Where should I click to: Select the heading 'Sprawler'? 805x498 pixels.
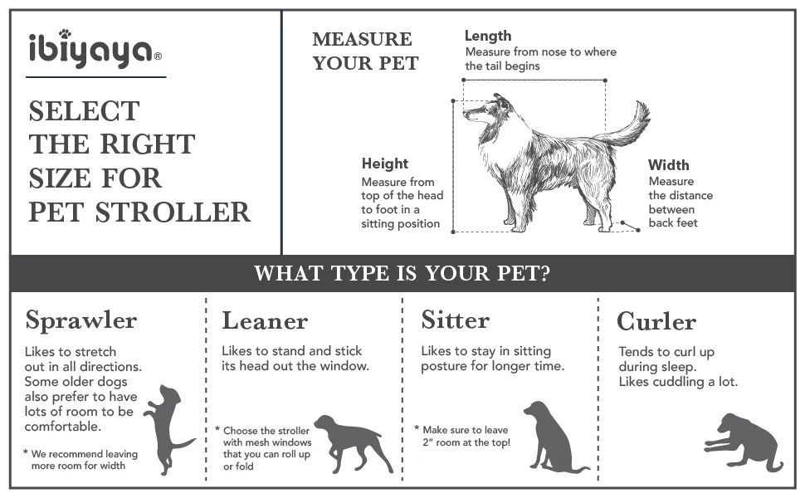tap(81, 320)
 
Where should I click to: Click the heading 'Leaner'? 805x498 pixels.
tap(265, 320)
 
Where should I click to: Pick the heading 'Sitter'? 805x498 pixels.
tap(456, 320)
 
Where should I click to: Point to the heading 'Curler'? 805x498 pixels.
tap(656, 321)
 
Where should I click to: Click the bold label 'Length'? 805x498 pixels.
tap(487, 36)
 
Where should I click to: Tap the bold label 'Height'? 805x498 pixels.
tap(385, 164)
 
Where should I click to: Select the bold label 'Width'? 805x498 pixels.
tap(668, 165)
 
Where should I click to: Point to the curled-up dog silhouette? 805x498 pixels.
tap(744, 441)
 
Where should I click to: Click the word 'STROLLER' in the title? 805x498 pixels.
tap(184, 212)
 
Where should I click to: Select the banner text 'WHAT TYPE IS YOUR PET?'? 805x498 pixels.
tap(402, 273)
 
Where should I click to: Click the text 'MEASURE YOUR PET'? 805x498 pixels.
tap(365, 51)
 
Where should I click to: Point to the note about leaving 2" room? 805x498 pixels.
tap(465, 436)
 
